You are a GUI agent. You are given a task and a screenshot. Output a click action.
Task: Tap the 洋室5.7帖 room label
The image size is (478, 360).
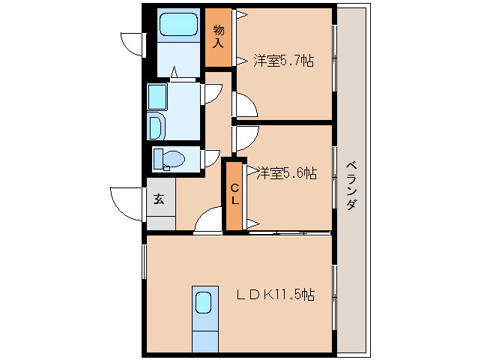tap(283, 61)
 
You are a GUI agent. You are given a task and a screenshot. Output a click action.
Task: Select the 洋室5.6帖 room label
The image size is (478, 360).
tap(287, 173)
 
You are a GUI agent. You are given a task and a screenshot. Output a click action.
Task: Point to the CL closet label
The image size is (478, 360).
tap(234, 194)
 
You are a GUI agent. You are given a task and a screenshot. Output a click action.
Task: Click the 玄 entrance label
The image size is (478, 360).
tap(160, 199)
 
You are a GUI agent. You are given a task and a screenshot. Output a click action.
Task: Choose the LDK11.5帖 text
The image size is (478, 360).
tap(276, 295)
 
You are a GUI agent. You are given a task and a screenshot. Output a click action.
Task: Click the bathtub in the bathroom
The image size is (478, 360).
tap(178, 25)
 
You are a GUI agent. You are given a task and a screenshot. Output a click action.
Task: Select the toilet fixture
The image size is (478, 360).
tap(169, 159)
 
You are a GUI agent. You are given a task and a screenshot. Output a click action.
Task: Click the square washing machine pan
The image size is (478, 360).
tap(157, 97)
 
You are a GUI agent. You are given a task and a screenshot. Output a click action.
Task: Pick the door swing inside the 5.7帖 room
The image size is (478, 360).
tap(245, 104)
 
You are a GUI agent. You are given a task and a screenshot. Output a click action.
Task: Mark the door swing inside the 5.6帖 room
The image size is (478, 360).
tap(246, 139)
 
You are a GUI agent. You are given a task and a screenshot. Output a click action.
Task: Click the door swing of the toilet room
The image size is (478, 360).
tap(211, 158)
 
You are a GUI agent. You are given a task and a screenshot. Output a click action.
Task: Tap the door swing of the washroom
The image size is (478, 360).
tap(212, 94)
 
